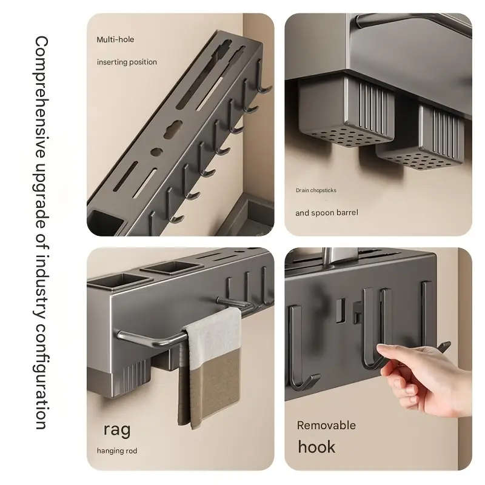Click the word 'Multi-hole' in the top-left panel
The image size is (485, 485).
tap(115, 39)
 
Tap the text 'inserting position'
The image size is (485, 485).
tap(127, 62)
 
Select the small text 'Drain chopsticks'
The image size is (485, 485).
tap(316, 190)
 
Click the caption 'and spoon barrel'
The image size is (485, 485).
tap(326, 213)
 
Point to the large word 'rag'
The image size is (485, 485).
tap(116, 429)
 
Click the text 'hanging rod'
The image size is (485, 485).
tap(117, 450)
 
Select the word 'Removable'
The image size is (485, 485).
tap(326, 425)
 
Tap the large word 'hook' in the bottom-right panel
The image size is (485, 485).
tap(316, 447)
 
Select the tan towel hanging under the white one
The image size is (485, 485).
tap(209, 388)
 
